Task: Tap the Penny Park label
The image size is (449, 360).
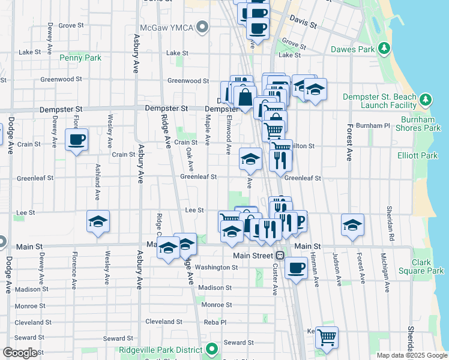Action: (80, 58)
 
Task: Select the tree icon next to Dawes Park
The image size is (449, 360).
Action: (384, 49)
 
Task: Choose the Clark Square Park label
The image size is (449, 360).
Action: (428, 266)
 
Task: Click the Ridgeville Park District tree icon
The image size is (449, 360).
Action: (211, 348)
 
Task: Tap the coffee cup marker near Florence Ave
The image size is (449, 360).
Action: (77, 140)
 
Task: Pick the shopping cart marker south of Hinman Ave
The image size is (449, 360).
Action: (327, 338)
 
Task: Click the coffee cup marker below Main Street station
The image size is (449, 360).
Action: (296, 268)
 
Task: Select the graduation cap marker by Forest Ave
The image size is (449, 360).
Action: (353, 224)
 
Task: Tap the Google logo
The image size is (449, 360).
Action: (20, 353)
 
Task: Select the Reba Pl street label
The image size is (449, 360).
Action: (214, 322)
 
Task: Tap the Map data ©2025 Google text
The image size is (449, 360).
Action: (412, 355)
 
